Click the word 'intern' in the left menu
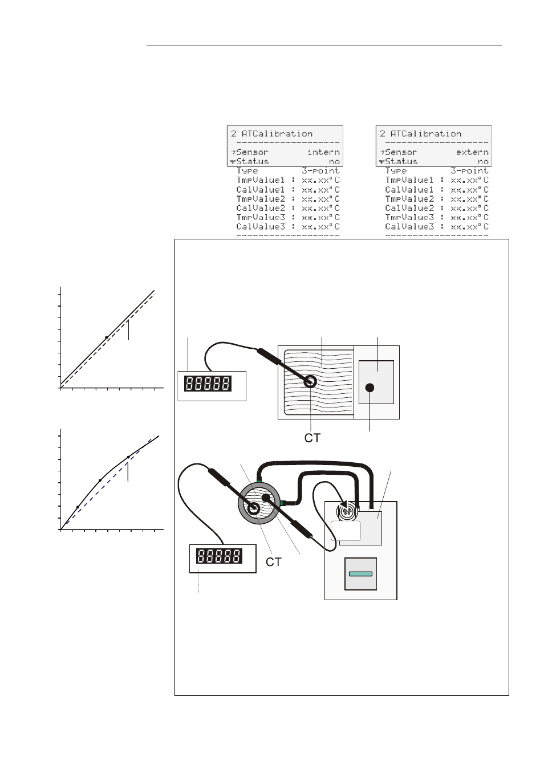[323, 152]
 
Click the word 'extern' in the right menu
[472, 152]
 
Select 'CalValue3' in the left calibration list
[260, 226]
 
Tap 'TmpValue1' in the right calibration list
[409, 180]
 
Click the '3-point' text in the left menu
[320, 170]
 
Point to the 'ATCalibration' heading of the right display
[426, 134]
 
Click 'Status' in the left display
[252, 161]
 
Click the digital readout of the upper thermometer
[208, 384]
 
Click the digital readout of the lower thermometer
[219, 556]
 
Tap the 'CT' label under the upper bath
[312, 438]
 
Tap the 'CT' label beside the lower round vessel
[274, 562]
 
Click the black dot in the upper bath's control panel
[370, 388]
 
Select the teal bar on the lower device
[360, 574]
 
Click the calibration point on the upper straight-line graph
[107, 337]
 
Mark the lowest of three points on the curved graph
[78, 507]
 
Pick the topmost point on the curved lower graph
[128, 457]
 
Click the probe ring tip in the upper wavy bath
[310, 381]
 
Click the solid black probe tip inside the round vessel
[265, 498]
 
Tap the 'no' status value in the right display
[483, 161]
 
